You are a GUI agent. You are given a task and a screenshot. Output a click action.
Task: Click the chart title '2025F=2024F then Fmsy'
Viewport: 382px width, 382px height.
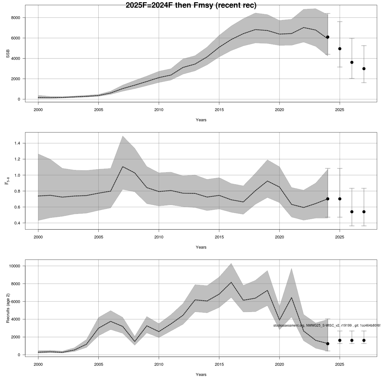click(191, 5)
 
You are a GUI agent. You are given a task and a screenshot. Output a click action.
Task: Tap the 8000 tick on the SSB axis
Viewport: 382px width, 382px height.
click(15, 18)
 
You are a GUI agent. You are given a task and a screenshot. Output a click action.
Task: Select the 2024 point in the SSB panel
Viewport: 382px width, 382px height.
click(328, 37)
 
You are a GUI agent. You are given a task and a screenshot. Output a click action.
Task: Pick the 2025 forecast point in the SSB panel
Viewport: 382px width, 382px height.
click(340, 49)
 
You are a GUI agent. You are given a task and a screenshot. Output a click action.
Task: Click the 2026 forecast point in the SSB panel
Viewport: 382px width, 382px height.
click(352, 62)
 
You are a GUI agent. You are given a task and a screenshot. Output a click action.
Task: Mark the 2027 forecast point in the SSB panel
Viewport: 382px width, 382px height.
click(364, 69)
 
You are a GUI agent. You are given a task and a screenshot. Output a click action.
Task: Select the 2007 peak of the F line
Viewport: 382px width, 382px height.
click(123, 166)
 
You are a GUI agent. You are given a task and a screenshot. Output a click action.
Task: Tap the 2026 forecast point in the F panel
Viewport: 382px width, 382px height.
click(352, 212)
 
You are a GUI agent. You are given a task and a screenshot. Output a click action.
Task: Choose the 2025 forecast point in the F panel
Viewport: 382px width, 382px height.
click(340, 199)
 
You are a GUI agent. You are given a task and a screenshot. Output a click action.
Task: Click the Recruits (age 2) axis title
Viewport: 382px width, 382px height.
click(8, 308)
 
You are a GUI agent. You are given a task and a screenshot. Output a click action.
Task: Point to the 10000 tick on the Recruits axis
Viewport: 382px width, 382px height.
click(14, 266)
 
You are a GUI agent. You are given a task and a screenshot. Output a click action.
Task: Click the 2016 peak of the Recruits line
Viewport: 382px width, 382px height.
click(231, 282)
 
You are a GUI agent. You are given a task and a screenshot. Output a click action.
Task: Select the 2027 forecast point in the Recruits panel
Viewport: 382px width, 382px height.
click(364, 340)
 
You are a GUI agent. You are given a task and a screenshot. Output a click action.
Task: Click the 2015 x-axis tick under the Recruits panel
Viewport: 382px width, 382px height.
click(219, 364)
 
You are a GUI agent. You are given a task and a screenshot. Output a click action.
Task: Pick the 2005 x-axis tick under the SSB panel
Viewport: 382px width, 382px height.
click(98, 110)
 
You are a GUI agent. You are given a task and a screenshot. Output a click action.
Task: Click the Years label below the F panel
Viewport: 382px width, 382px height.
click(201, 247)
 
